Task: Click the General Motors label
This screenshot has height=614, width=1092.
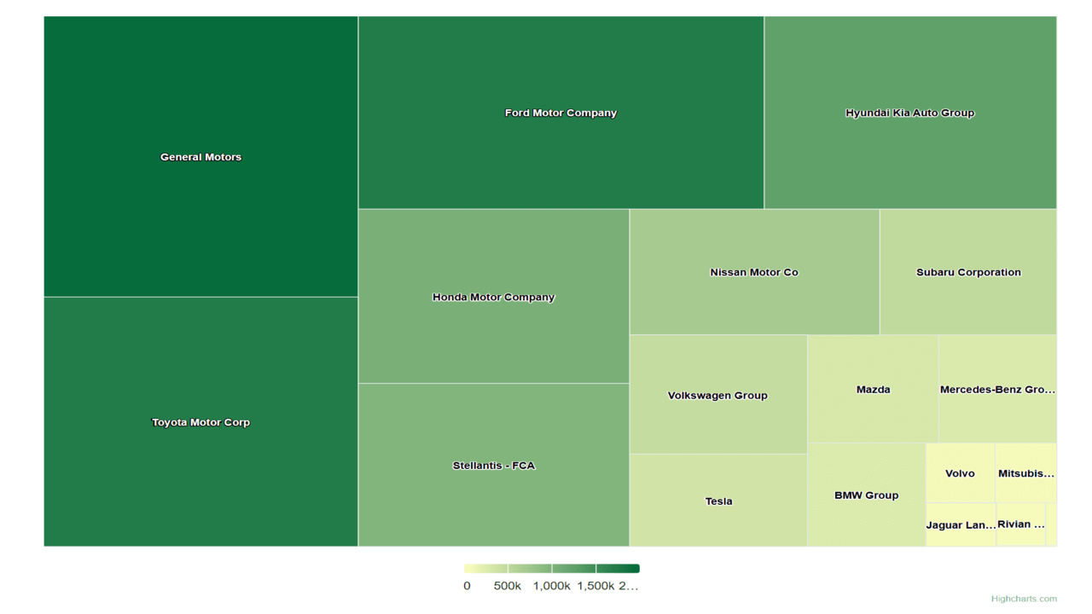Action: (x=200, y=157)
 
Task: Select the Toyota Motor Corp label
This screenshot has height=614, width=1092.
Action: (x=200, y=422)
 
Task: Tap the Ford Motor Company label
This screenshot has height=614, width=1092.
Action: (x=561, y=113)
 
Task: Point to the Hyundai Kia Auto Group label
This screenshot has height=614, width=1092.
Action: (x=909, y=113)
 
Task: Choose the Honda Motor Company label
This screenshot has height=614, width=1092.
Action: (x=493, y=297)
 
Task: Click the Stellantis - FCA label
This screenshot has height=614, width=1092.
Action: (x=493, y=466)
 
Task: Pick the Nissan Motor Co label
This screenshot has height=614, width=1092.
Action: (x=754, y=272)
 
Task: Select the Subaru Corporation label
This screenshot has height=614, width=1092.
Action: (x=968, y=272)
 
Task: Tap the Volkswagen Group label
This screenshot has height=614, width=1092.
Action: (x=717, y=395)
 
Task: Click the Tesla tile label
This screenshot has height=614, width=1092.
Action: (x=718, y=501)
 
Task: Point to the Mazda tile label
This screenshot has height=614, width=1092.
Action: (x=873, y=390)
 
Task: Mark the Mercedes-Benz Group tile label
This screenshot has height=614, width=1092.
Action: (x=997, y=390)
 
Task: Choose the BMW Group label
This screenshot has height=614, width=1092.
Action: (x=866, y=495)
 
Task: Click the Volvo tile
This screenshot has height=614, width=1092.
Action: (x=960, y=473)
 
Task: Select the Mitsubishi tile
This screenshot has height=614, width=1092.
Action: (x=1025, y=473)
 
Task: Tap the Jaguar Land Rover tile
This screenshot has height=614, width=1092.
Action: (x=961, y=525)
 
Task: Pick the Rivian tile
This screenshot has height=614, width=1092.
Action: (x=1020, y=524)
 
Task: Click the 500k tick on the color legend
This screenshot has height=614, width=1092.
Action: (x=508, y=586)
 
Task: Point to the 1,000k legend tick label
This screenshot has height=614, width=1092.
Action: (x=551, y=586)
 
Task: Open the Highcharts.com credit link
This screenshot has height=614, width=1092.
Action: (x=1024, y=599)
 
